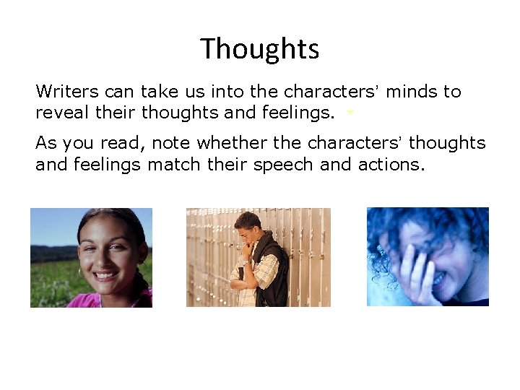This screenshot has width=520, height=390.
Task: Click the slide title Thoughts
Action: pos(260,49)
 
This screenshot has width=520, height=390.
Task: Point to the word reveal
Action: pos(60,113)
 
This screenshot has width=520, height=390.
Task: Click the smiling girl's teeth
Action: pos(106,275)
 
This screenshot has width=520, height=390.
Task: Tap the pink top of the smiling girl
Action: pos(79,300)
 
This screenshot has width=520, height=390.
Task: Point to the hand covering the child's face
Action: pos(413,267)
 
